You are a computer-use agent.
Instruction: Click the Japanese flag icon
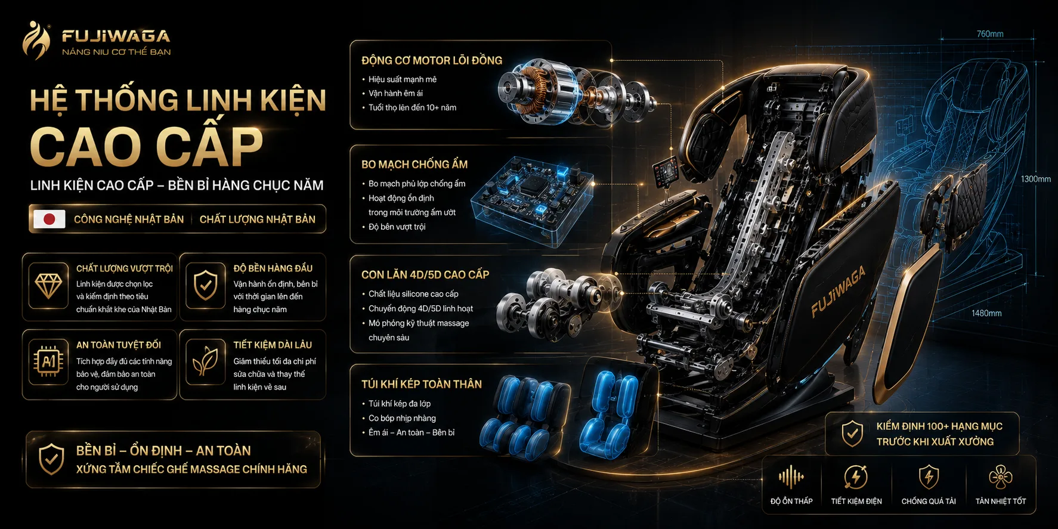50,219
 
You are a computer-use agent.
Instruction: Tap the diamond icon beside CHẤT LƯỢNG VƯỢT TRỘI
48,286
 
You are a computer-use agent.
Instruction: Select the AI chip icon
48,361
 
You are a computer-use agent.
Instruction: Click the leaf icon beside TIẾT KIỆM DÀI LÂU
205,361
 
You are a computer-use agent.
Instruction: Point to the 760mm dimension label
990,34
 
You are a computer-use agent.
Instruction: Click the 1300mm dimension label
1035,179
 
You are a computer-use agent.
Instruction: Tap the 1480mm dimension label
986,313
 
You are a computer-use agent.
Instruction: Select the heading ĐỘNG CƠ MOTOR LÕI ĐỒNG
432,60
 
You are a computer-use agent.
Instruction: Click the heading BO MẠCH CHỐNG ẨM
414,164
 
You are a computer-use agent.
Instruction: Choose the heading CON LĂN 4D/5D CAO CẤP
425,274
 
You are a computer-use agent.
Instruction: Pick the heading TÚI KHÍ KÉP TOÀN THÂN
422,384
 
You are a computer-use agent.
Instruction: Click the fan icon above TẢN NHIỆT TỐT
1000,477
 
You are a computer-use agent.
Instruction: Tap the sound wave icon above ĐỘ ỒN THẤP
791,477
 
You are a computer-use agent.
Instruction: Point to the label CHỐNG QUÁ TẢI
929,502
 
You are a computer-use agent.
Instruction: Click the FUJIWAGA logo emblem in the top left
36,40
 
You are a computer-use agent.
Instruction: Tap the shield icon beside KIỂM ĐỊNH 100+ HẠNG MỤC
852,434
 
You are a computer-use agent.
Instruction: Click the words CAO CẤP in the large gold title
146,146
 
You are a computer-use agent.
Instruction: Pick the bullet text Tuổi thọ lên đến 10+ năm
412,108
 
